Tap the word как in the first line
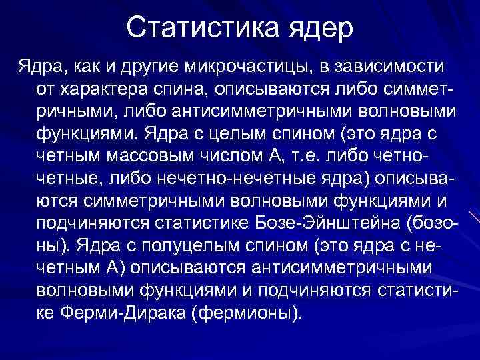pyautogui.click(x=85, y=67)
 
